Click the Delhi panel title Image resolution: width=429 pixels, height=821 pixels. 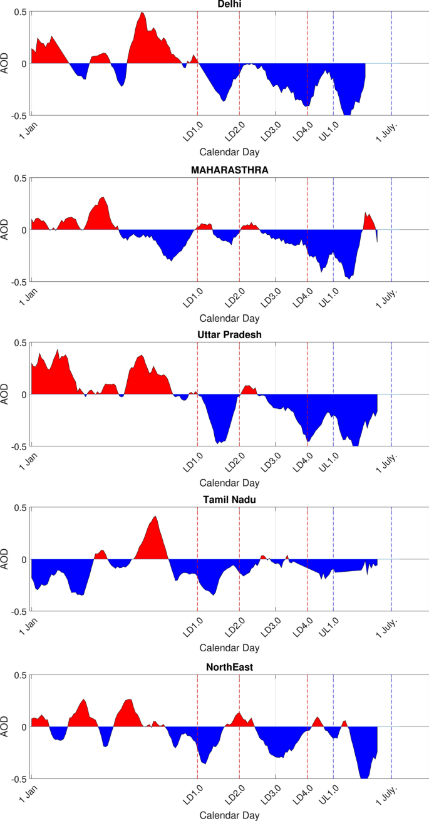pos(229,5)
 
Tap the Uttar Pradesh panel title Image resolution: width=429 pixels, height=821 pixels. pos(229,334)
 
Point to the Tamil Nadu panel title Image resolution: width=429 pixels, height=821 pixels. pos(229,499)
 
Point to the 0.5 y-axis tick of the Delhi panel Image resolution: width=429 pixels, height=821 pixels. pos(20,13)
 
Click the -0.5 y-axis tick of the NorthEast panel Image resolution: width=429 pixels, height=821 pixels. pos(19,778)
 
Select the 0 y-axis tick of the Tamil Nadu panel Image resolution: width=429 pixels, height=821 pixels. pos(24,559)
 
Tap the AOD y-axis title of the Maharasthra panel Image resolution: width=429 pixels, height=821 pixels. pos(6,230)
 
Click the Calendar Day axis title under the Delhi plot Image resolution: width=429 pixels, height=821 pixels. pos(229,152)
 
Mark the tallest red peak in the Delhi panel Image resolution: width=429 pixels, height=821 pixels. pos(142,13)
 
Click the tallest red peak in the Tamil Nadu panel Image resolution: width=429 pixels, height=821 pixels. pos(155,517)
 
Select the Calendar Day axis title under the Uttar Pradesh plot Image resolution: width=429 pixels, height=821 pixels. pos(229,483)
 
